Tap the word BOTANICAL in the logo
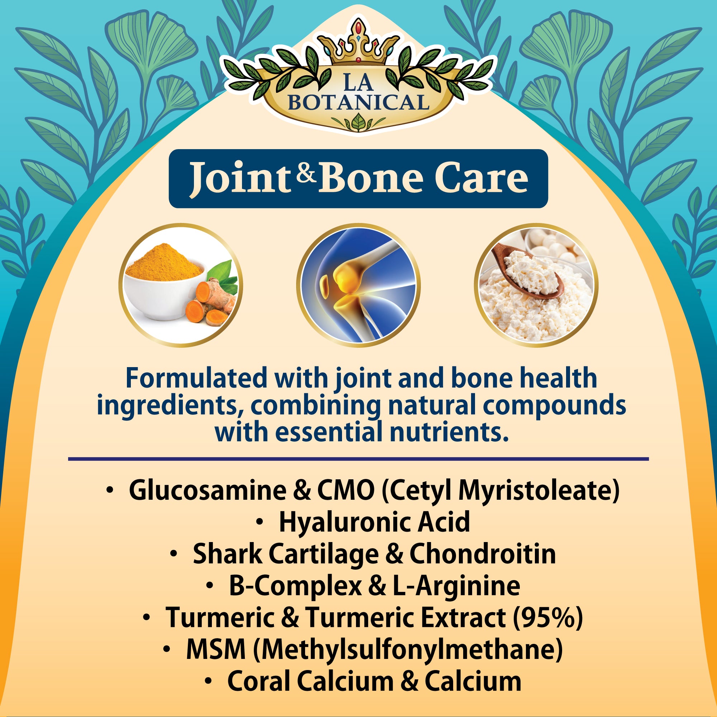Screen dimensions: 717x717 (x=358, y=103)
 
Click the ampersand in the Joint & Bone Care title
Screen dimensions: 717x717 (x=307, y=174)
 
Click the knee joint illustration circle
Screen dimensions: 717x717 (x=358, y=285)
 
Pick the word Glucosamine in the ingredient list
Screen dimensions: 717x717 (x=208, y=491)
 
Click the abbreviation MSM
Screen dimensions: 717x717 (x=216, y=650)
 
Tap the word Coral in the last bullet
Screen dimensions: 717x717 (x=260, y=682)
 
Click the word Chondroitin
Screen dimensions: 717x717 (x=483, y=554)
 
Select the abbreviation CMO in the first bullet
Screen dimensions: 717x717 (x=346, y=491)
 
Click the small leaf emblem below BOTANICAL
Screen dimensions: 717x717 (x=358, y=123)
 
